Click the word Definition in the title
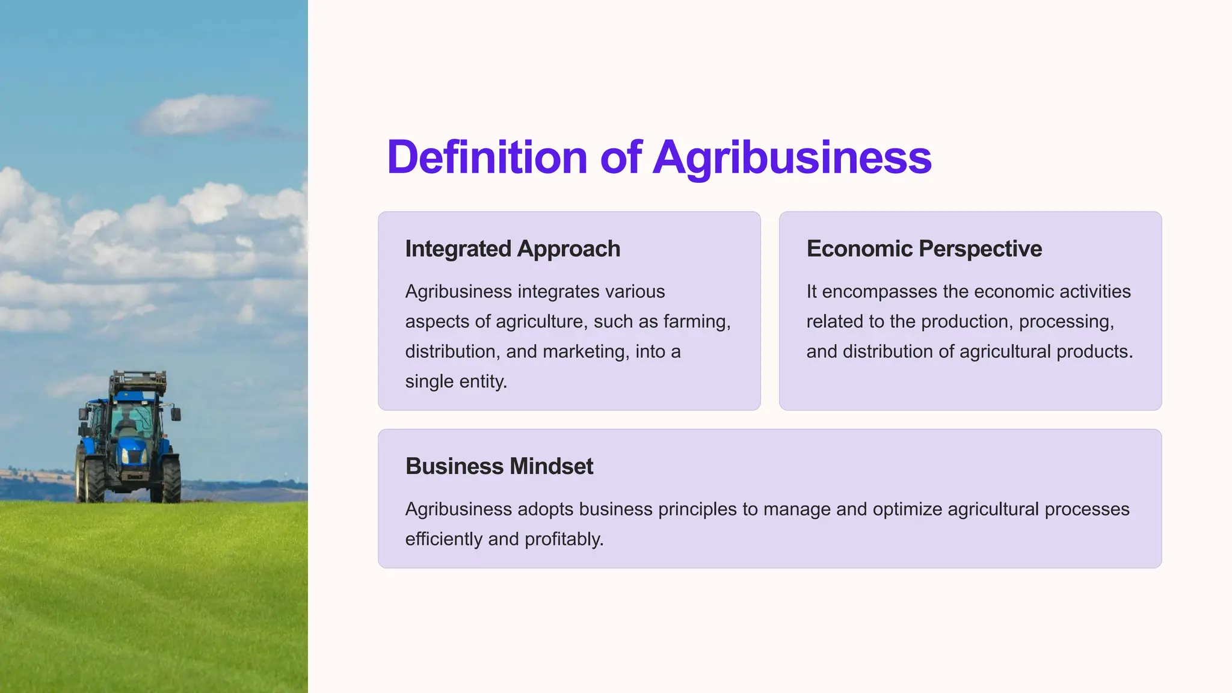(x=487, y=158)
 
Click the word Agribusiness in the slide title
(x=792, y=158)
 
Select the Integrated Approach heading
(x=513, y=249)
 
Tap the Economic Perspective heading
(x=924, y=249)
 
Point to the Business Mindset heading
(x=499, y=467)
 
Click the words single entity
(x=456, y=382)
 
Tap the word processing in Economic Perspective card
(x=1066, y=322)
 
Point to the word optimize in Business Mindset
(x=907, y=510)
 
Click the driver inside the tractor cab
(x=126, y=421)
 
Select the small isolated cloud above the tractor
(x=202, y=114)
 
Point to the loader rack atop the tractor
(x=138, y=381)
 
